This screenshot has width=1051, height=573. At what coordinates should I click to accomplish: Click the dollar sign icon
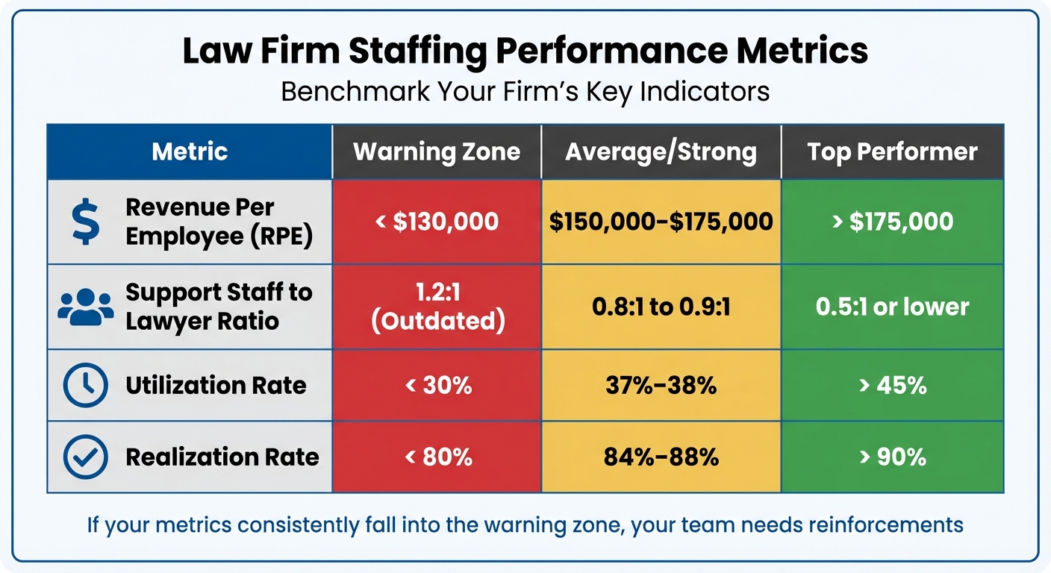85,222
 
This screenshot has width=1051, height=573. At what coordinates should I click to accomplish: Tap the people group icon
85,307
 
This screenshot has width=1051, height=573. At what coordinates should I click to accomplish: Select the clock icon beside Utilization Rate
85,385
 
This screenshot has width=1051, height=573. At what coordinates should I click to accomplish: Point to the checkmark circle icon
85,457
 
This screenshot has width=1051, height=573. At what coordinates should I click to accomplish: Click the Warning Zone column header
437,152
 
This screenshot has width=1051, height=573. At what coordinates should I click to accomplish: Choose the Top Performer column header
892,152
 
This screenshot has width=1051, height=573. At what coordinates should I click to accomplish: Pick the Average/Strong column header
661,152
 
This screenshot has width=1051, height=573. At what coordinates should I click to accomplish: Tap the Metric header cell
190,152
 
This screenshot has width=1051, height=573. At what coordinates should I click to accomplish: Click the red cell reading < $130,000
437,222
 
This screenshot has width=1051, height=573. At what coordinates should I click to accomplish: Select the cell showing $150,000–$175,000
661,222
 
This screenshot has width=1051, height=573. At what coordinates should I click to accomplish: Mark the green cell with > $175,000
892,222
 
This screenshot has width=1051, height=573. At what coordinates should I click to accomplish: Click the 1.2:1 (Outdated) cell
437,307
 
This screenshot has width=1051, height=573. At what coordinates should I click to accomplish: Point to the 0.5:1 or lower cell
892,307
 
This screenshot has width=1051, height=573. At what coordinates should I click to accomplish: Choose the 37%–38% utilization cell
661,385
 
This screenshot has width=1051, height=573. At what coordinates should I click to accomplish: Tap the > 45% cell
892,385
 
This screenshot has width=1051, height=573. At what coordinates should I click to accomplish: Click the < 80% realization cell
437,457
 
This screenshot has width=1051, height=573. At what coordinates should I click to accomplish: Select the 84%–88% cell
661,457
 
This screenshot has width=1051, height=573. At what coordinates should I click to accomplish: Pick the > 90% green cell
892,457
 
